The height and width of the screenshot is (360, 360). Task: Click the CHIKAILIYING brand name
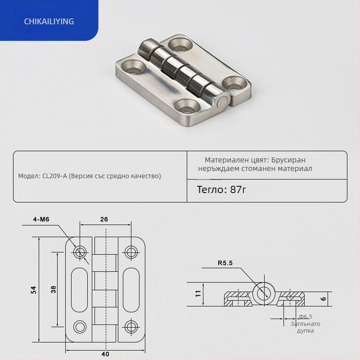49,21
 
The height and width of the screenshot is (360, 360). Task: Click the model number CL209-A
54,176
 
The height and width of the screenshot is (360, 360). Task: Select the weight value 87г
238,189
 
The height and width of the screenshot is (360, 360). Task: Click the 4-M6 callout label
41,219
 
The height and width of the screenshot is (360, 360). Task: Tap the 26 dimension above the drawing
104,219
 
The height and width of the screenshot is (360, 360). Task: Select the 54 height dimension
33,290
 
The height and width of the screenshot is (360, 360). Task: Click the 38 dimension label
53,289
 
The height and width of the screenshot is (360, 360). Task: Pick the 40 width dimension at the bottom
105,354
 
